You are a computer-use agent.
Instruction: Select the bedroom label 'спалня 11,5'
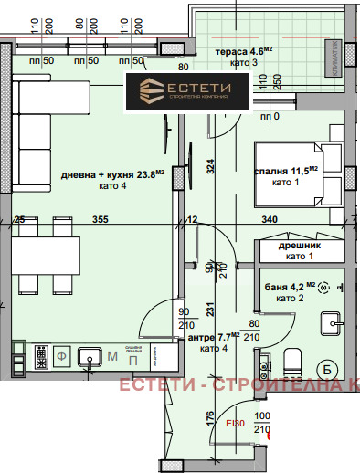[x=285, y=170]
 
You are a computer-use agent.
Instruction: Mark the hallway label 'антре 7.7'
[x=211, y=336]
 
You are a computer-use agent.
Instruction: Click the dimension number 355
[x=101, y=219]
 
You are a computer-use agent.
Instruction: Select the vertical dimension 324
[x=209, y=166]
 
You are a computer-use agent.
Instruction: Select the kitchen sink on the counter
[x=90, y=355]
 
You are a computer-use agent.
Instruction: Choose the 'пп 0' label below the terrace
[x=270, y=117]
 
